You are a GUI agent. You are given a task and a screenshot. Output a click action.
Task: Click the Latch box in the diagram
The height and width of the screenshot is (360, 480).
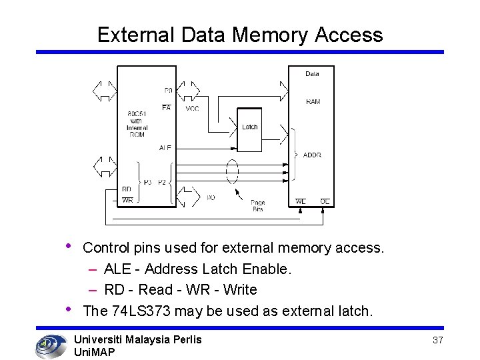[249, 127]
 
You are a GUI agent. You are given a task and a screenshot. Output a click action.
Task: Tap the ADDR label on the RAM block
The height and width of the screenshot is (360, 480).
[312, 155]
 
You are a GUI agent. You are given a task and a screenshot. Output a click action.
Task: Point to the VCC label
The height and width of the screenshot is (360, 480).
[192, 109]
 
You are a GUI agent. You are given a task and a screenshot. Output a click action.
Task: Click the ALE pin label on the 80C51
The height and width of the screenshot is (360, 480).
[165, 147]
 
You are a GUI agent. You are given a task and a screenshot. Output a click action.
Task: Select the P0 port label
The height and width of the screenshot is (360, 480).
[168, 90]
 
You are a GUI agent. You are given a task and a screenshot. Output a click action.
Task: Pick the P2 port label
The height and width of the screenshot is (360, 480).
[162, 182]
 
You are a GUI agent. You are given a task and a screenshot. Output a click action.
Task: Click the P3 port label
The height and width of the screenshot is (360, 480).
[147, 182]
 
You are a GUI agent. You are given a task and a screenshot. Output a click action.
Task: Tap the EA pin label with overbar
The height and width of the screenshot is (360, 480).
[166, 107]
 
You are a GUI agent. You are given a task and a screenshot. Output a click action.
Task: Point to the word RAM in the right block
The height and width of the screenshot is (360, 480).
[313, 102]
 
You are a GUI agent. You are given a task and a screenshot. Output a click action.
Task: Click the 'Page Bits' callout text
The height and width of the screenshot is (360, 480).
[257, 206]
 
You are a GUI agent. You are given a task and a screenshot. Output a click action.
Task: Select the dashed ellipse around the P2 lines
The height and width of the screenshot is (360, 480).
[231, 172]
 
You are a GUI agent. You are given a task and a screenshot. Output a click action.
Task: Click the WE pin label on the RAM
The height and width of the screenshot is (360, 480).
[301, 201]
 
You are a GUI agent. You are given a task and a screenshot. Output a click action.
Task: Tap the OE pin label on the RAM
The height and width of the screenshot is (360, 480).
[325, 201]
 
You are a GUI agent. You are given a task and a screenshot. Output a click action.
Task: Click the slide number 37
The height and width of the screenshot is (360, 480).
[437, 341]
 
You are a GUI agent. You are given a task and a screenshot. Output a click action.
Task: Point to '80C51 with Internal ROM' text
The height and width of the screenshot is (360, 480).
[136, 124]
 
